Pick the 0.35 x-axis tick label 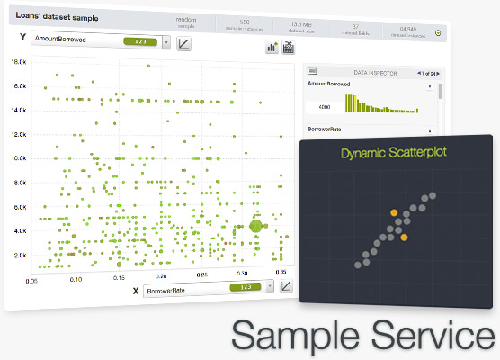(x=281, y=271)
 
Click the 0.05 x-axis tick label (x=33, y=279)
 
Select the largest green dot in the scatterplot (x=255, y=227)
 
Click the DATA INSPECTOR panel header (x=371, y=72)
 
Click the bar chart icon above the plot (x=271, y=48)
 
